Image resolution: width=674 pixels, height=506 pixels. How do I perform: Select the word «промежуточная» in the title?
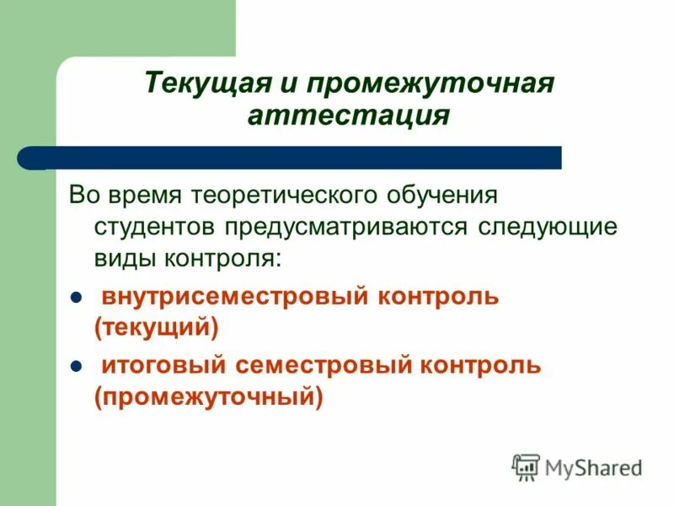point(430,83)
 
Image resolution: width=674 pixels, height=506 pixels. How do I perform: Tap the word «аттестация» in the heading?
point(348,115)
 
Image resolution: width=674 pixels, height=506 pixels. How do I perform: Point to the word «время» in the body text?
point(146,196)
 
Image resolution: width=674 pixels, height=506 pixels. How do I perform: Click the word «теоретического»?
point(286,196)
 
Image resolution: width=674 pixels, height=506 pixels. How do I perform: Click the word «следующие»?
point(548,226)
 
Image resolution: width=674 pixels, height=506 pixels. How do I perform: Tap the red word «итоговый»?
point(165,366)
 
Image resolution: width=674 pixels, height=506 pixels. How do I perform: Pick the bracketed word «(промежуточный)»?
point(209,396)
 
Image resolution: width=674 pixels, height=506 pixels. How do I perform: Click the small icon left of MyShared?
point(526,466)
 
